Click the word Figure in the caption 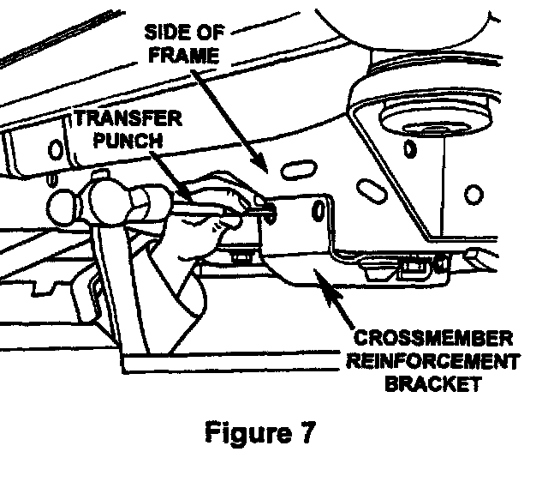coord(249,434)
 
